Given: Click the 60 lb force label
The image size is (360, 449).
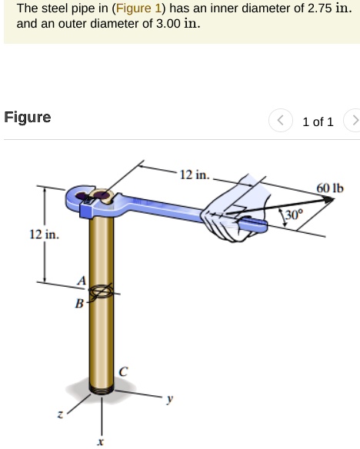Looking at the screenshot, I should coord(330,188).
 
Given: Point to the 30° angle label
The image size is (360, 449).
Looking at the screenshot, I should coord(295,215).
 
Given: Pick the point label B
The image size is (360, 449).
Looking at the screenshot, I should coord(78,303).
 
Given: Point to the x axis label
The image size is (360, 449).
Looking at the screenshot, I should coord(100,441).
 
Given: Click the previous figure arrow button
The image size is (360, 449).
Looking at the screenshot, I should coord(281,121).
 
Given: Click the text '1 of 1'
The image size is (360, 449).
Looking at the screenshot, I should coord(318,122).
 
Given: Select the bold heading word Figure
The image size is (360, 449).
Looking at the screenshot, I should coord(28,118).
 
